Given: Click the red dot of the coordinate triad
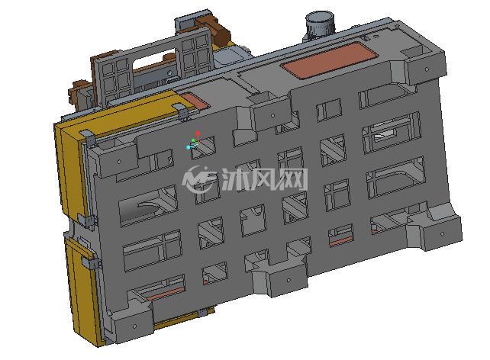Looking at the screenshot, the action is [198, 134].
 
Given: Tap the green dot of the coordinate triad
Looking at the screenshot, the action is [193, 140].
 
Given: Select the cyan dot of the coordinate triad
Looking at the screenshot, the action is [188, 147].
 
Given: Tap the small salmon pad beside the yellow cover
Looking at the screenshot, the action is [195, 101].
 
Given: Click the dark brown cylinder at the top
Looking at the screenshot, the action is [221, 35].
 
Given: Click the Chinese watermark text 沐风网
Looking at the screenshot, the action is [265, 179].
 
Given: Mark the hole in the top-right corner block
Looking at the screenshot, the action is [427, 69].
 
